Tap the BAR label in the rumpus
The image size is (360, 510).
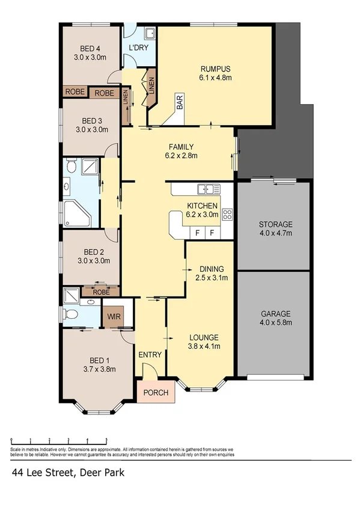click(180, 103)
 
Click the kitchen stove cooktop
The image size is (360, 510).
click(227, 214)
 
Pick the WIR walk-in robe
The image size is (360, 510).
click(112, 316)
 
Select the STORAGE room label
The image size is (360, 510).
click(275, 225)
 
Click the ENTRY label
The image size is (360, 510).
click(150, 355)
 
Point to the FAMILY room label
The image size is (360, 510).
click(180, 146)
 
